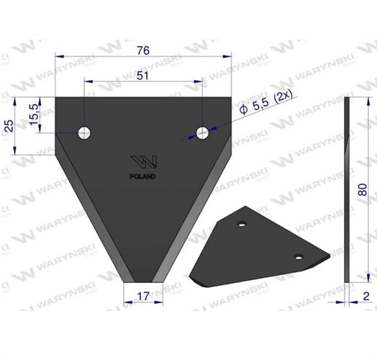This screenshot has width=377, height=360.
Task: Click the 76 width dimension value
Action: tap(143, 50)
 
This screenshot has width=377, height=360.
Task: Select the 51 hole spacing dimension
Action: tap(143, 76)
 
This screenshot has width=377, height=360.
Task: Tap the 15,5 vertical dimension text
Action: tap(34, 114)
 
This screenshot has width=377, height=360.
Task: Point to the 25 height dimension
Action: tap(9, 125)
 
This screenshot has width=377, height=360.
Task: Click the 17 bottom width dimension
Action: tap(143, 296)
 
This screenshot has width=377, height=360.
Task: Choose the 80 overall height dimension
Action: tap(363, 189)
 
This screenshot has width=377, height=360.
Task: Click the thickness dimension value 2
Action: tap(366, 296)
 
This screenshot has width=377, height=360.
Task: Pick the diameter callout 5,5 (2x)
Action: tap(266, 104)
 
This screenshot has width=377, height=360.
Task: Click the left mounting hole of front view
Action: tap(84, 132)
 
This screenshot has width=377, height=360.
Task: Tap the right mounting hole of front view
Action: tap(202, 132)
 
